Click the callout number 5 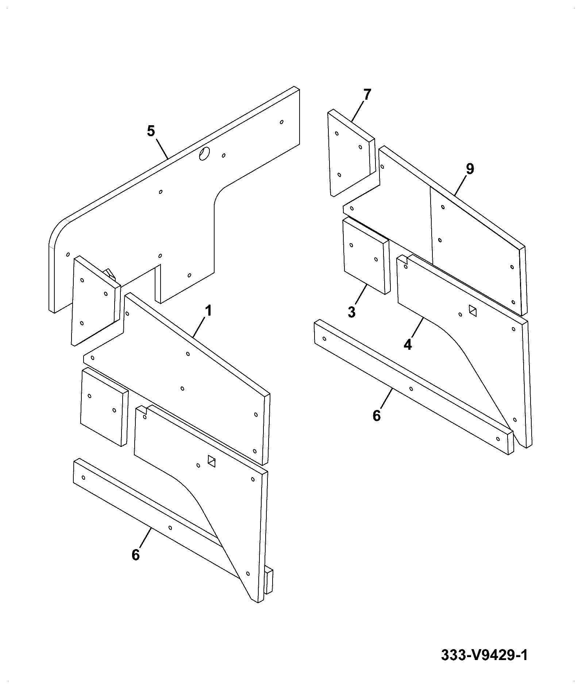(x=151, y=131)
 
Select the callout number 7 (x=367, y=95)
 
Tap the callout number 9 (x=470, y=169)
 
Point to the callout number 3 (x=351, y=312)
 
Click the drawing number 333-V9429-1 (x=484, y=655)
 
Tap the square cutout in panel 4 (x=473, y=311)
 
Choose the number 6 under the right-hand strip (x=377, y=415)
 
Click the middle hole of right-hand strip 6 (x=411, y=389)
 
